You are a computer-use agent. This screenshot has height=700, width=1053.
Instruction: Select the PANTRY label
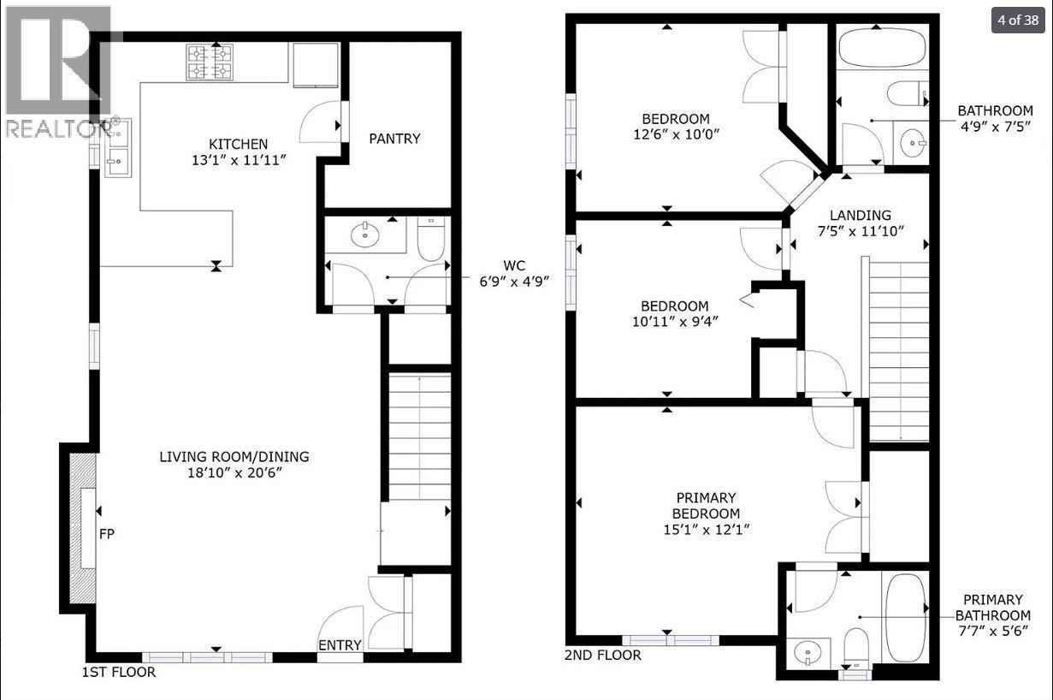pyautogui.click(x=394, y=139)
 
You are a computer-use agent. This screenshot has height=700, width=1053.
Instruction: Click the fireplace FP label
pyautogui.click(x=107, y=534)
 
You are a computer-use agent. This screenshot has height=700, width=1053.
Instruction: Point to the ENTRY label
pyautogui.click(x=340, y=645)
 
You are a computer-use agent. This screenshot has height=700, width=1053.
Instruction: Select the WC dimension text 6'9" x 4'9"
pyautogui.click(x=524, y=278)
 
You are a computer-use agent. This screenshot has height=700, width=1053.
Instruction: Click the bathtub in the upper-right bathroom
pyautogui.click(x=882, y=48)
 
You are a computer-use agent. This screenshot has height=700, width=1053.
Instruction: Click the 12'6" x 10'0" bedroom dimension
pyautogui.click(x=676, y=134)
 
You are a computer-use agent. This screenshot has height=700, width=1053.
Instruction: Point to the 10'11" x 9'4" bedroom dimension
pyautogui.click(x=675, y=322)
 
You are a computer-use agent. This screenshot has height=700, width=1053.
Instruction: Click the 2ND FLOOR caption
pyautogui.click(x=602, y=656)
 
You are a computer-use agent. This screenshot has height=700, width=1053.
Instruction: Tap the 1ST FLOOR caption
pyautogui.click(x=119, y=672)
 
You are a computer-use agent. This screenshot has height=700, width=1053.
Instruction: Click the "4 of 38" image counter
pyautogui.click(x=1018, y=21)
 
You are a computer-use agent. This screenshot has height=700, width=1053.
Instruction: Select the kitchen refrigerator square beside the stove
pyautogui.click(x=316, y=64)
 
